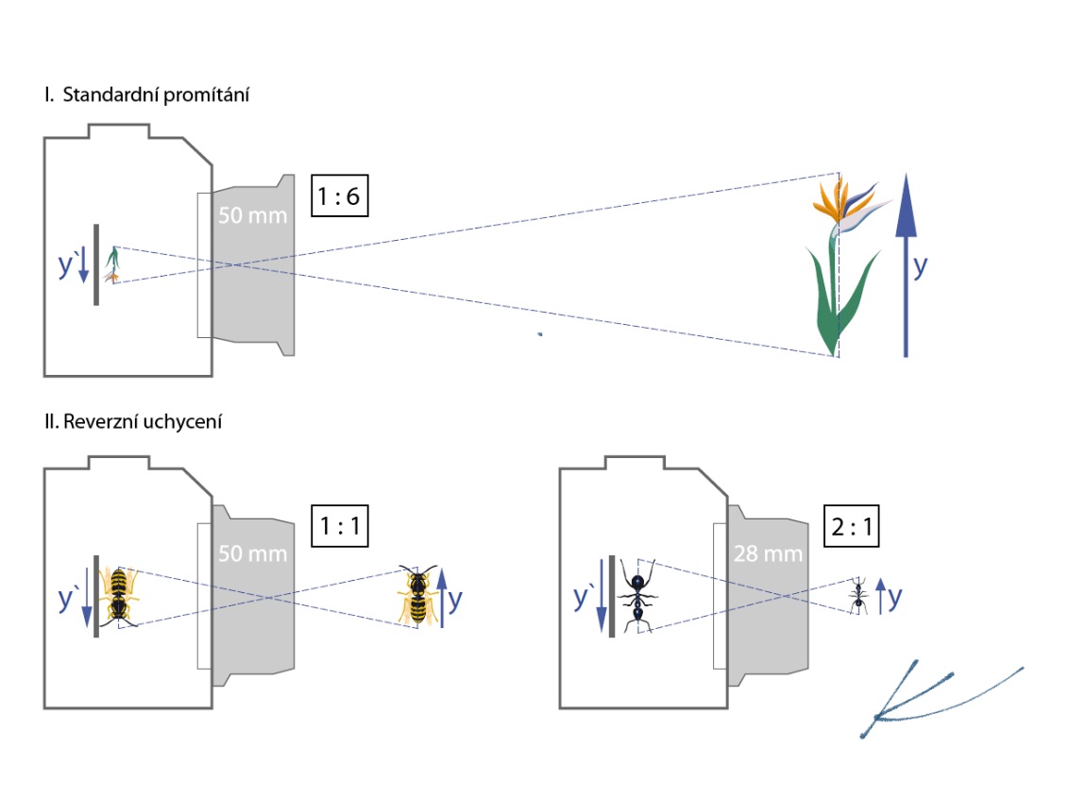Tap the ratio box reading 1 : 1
tap(338, 527)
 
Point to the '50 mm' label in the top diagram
tap(250, 214)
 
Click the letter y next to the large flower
tap(921, 266)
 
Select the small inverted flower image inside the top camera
tap(114, 264)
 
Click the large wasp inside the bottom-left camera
tap(120, 595)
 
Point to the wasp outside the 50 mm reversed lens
tap(416, 596)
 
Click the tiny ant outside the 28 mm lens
tap(858, 598)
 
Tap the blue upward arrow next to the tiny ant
tap(880, 597)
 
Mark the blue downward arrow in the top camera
tap(84, 263)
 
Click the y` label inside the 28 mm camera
tap(585, 596)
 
